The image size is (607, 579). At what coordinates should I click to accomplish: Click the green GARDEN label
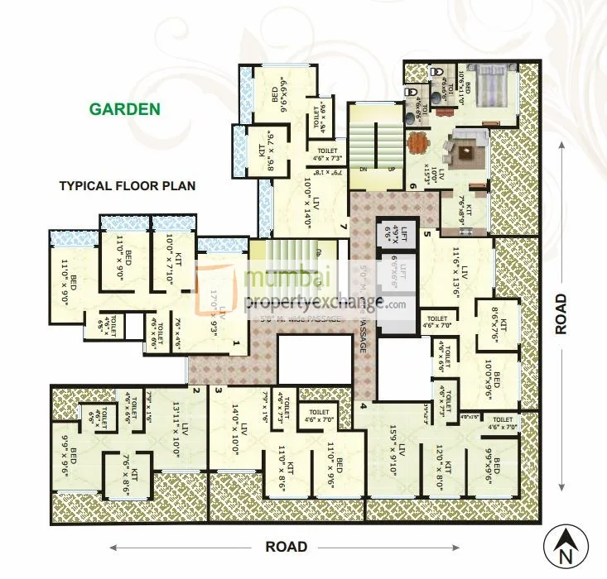pos(124,108)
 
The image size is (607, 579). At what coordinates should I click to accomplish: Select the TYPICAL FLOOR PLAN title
pos(128,186)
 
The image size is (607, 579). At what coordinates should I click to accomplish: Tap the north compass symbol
pos(566,547)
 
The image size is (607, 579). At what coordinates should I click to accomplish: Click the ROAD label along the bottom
pos(287,547)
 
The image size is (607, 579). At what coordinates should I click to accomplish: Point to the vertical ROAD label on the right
pos(562,313)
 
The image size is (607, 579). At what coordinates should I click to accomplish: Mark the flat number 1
pos(236,342)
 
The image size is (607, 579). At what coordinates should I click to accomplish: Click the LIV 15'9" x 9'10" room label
pos(397,450)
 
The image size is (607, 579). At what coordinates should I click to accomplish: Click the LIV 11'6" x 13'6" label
pos(459,272)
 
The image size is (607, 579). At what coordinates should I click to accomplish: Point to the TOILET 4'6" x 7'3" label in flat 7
pos(329,155)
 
